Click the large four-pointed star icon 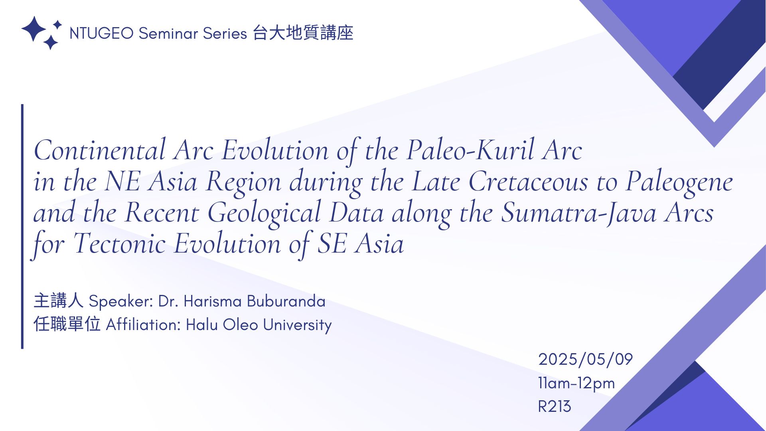point(34,29)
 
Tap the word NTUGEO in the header point(101,34)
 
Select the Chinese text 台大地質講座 point(303,33)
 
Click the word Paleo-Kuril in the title point(470,150)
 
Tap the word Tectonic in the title point(119,244)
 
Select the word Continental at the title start point(100,150)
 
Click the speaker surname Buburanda point(286,301)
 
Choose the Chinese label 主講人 point(59,301)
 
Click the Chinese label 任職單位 point(67,324)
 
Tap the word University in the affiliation point(297,325)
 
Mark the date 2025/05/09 point(585,360)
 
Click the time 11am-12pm point(576,384)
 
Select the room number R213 point(555,407)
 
